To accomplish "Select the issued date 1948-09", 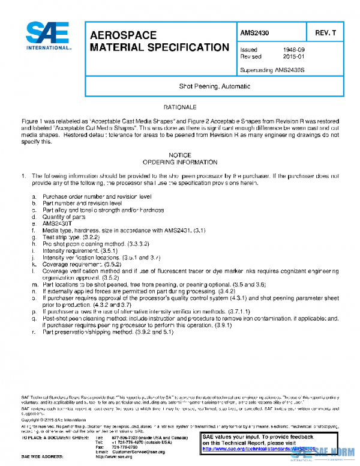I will point(295,50).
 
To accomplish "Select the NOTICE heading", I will point(179,156).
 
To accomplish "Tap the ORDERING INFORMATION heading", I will point(179,162).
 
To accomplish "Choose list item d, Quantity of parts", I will point(68,217).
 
